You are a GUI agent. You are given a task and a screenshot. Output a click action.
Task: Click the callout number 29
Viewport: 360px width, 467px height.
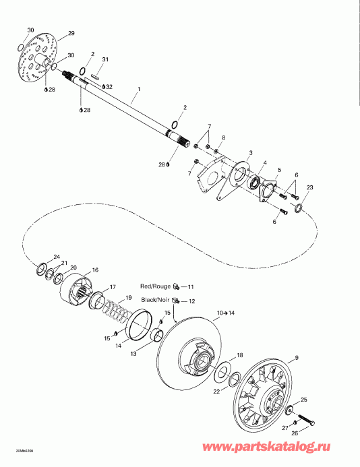tap(71, 34)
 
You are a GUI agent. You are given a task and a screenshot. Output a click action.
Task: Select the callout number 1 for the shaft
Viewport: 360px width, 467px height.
tap(139, 89)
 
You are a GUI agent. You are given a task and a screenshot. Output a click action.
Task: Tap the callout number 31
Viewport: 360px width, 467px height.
tap(105, 61)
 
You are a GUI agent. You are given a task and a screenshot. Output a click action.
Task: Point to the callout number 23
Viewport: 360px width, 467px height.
tap(310, 187)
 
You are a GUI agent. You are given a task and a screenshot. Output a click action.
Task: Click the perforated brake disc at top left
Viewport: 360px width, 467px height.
tap(38, 59)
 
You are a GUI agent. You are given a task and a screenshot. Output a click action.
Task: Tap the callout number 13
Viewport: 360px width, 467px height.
tap(133, 353)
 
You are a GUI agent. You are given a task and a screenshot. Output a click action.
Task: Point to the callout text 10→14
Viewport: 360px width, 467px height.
tap(225, 314)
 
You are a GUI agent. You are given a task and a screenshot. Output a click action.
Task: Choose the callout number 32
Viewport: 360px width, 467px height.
tap(109, 87)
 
